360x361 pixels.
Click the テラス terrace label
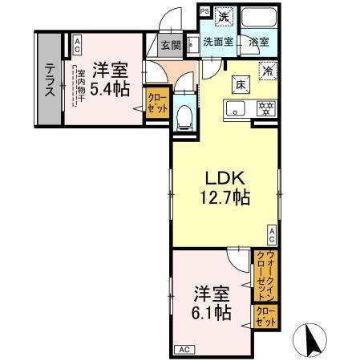pos(49,79)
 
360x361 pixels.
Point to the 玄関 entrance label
pos(169,44)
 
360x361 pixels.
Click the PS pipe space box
pos(204,11)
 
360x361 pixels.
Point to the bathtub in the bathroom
pos(259,18)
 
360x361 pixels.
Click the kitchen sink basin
pos(235,109)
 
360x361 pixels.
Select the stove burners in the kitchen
pos(262,108)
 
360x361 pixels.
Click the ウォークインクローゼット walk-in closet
pos(261,274)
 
